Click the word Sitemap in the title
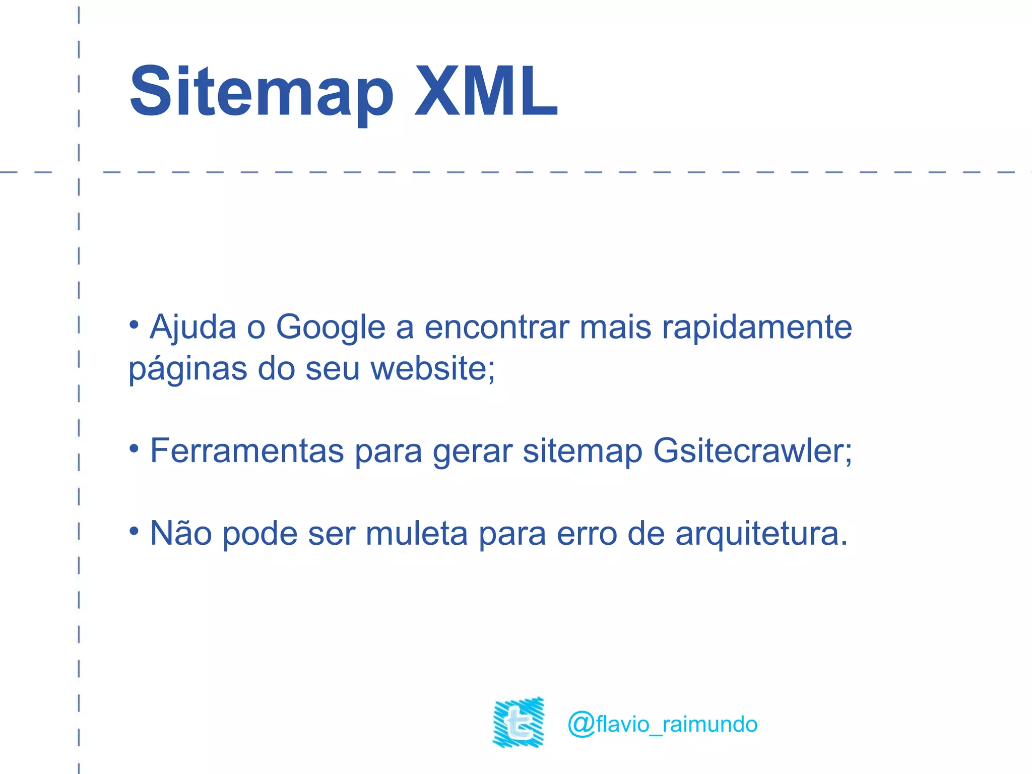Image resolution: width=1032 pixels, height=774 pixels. pyautogui.click(x=261, y=92)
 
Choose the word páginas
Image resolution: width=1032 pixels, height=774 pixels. pyautogui.click(x=188, y=370)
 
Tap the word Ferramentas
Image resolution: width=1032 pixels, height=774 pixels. pyautogui.click(x=247, y=450)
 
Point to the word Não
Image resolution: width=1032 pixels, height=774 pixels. pyautogui.click(x=181, y=533)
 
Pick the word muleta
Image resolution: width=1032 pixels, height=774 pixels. pyautogui.click(x=417, y=533)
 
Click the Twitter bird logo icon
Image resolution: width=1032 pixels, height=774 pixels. pyautogui.click(x=519, y=722)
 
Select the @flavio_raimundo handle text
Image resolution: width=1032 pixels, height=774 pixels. pyautogui.click(x=662, y=724)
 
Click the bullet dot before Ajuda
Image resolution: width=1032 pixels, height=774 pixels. pyautogui.click(x=134, y=325)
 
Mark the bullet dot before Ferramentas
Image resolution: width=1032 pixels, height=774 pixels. pyautogui.click(x=134, y=448)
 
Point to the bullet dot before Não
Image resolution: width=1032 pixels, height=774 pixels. pyautogui.click(x=134, y=530)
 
